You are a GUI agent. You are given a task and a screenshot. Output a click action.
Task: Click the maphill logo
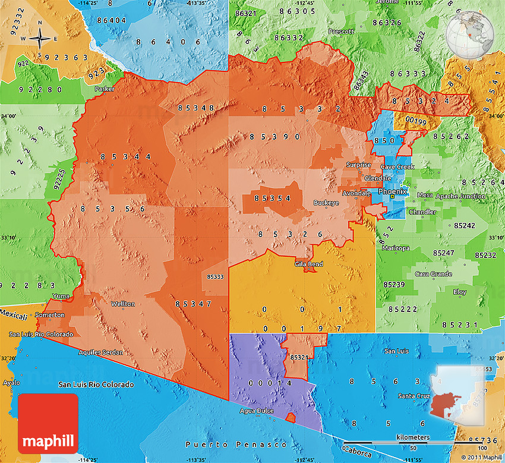49,423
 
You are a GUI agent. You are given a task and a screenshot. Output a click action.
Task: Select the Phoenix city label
393,192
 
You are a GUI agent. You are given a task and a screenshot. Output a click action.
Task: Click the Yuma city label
61,295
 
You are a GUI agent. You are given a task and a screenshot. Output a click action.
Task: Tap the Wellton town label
123,304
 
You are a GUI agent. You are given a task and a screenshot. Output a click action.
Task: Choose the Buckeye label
326,203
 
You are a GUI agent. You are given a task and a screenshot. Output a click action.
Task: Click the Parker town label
105,89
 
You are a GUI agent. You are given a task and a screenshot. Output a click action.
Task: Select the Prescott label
342,31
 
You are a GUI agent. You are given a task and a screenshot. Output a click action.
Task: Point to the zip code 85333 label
215,276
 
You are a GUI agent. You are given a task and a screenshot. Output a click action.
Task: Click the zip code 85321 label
299,357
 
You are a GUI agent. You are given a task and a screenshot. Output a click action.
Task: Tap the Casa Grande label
433,274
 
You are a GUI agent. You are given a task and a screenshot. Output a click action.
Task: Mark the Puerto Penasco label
236,445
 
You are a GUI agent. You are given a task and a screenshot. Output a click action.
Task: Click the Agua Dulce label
255,411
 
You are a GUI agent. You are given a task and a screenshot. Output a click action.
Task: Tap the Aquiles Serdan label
101,352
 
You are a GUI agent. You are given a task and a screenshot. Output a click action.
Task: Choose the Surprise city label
358,165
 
